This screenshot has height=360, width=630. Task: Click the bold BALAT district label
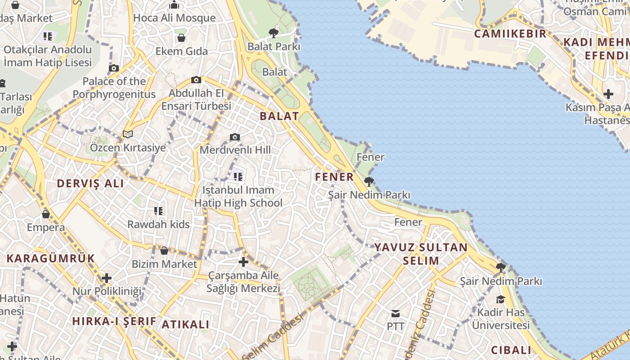click(279, 116)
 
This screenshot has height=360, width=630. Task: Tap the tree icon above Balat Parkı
click(273, 32)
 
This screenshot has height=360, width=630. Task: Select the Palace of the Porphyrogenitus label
click(114, 88)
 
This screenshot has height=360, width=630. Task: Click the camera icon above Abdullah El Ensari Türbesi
click(196, 80)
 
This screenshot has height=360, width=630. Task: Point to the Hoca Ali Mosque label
click(175, 18)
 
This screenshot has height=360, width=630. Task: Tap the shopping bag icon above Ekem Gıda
click(181, 38)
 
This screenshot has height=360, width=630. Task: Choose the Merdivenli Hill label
click(235, 150)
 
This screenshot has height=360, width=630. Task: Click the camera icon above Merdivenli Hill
click(235, 137)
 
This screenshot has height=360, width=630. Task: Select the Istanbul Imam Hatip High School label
click(238, 197)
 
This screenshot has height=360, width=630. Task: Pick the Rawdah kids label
click(158, 224)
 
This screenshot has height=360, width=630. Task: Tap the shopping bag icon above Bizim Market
click(164, 251)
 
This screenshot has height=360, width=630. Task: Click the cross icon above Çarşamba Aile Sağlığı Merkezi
click(243, 262)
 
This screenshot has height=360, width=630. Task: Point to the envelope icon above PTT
click(396, 313)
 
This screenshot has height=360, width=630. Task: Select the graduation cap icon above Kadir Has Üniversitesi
click(500, 299)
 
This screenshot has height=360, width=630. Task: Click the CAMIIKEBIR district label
click(510, 34)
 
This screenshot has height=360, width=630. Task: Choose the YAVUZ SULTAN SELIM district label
click(421, 254)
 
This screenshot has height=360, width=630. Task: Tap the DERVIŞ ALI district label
click(90, 184)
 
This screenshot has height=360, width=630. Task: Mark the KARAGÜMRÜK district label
click(51, 258)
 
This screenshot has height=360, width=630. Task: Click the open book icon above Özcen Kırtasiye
click(128, 134)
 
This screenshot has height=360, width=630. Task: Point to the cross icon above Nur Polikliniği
click(107, 278)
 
